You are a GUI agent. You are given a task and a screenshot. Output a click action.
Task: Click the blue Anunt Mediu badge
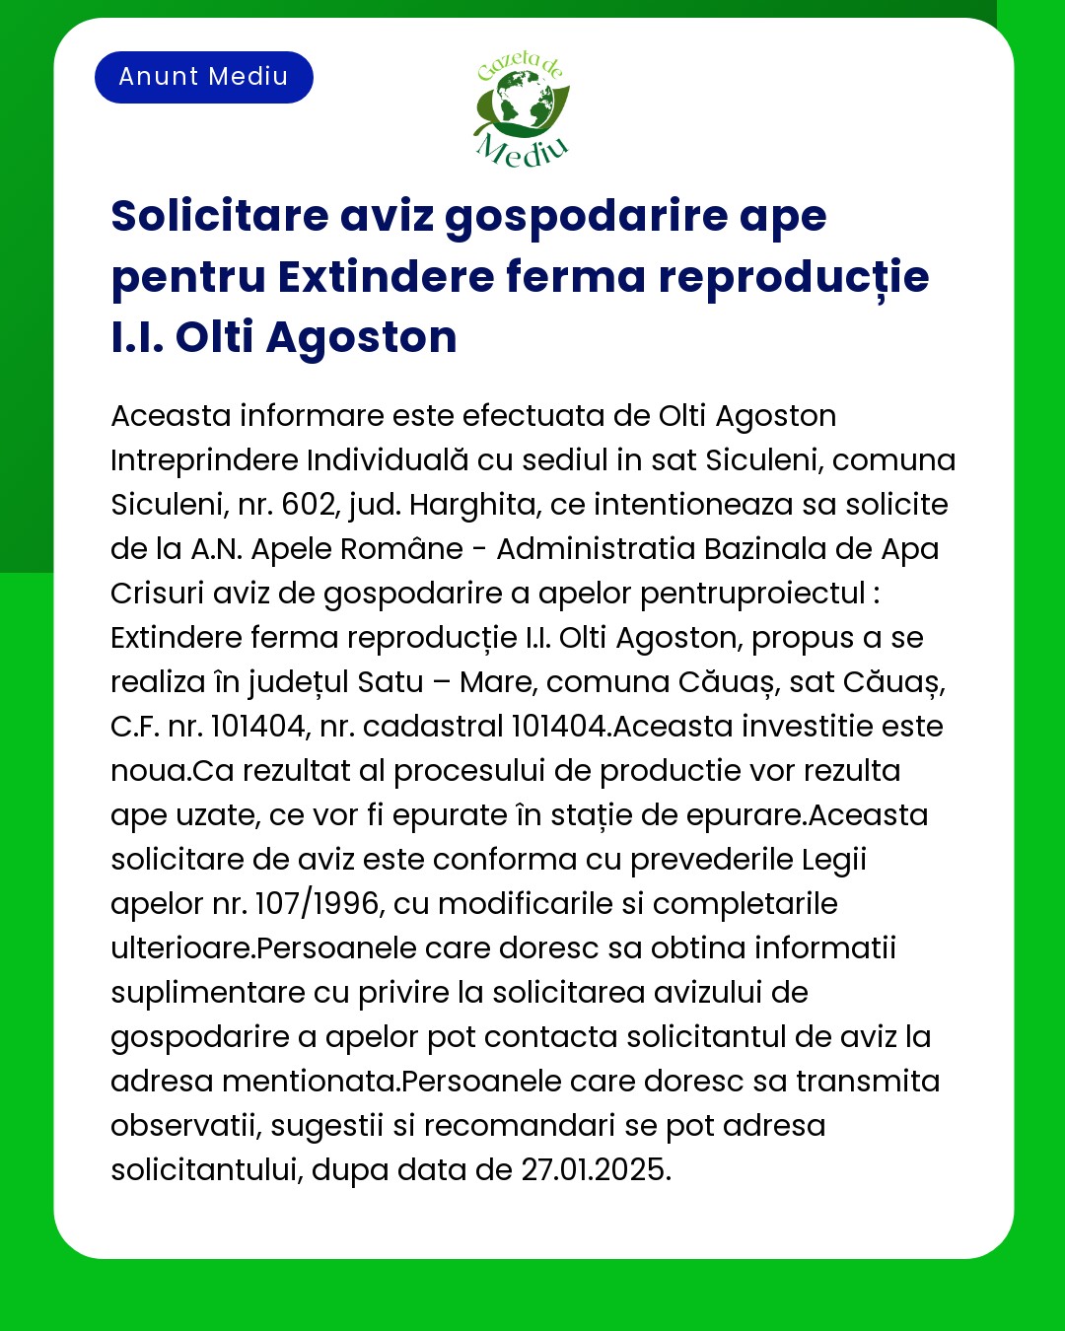pos(203,77)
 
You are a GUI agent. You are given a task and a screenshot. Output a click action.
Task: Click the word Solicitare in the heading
pos(220,216)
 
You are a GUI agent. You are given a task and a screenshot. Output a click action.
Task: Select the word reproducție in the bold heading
pos(794,277)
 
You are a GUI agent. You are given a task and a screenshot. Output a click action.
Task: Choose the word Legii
pos(833,860)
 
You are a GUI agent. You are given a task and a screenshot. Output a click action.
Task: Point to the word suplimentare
pos(208,993)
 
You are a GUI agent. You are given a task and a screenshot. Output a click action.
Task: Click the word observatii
pos(185,1126)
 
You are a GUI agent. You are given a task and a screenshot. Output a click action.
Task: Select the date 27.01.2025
pos(596,1170)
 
